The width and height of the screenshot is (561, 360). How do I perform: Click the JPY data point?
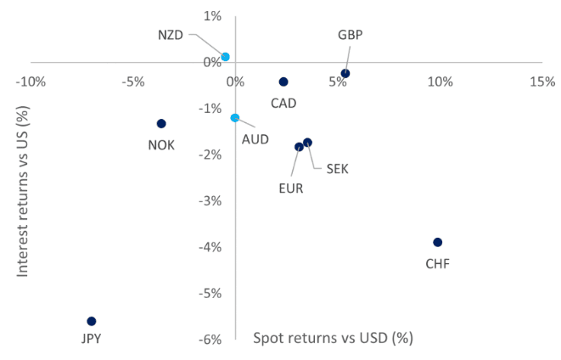(x=92, y=321)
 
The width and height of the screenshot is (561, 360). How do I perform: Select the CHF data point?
(x=438, y=242)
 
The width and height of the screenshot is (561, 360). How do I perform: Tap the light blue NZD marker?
(x=225, y=57)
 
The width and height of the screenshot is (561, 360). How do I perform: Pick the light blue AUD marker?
(x=235, y=118)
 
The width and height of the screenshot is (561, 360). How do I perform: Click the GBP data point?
(x=345, y=73)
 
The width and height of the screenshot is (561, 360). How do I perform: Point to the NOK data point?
(x=161, y=123)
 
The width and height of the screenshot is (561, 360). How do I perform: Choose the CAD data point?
(x=283, y=82)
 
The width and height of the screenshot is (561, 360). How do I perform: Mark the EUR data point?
(x=299, y=147)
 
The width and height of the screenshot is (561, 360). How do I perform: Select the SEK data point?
(x=308, y=143)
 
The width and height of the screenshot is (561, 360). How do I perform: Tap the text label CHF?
(x=437, y=263)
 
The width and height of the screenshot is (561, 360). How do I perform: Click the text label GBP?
(x=350, y=35)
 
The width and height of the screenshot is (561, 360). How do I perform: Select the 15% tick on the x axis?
(x=542, y=82)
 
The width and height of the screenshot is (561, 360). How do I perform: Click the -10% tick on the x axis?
(x=31, y=82)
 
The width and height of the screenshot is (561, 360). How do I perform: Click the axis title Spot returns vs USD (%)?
(x=333, y=337)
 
